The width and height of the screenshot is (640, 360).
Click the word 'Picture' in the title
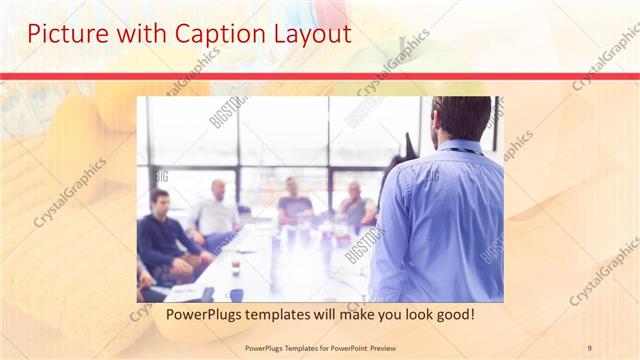61,33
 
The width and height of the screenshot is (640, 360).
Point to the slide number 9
589,347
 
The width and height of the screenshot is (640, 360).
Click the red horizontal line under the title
320,76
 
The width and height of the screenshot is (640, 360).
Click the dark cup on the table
236,294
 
